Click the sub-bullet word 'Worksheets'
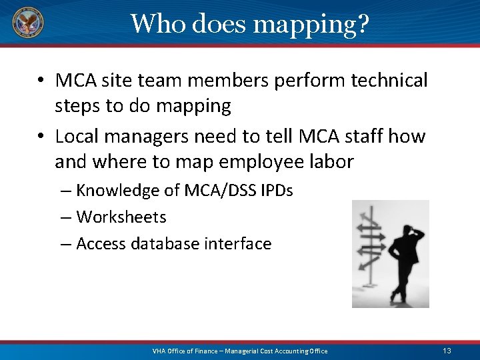coord(121,217)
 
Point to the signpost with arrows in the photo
coord(369,243)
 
